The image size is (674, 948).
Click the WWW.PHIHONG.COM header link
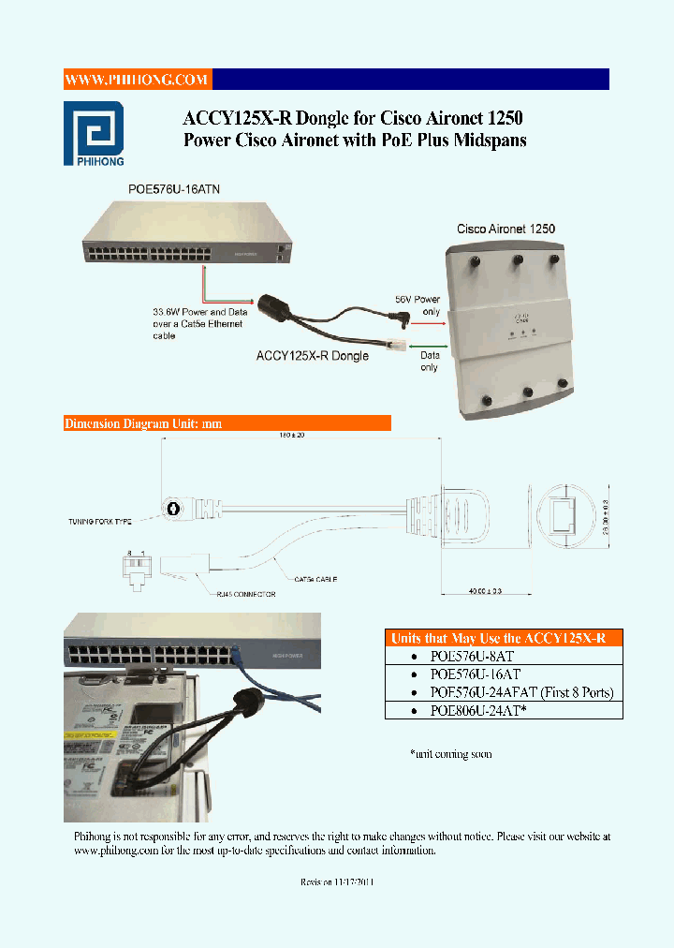click(x=137, y=80)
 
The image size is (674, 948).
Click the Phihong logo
click(x=94, y=132)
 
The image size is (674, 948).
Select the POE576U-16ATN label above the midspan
click(x=174, y=189)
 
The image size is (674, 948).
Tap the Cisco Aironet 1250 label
click(x=505, y=229)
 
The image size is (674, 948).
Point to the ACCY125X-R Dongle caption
click(x=313, y=356)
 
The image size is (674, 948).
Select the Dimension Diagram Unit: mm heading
click(x=143, y=423)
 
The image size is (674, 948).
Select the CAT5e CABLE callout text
click(x=315, y=580)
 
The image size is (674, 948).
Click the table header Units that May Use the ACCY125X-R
click(x=504, y=638)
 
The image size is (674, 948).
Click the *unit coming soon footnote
click(x=451, y=754)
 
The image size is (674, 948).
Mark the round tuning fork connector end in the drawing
click(x=172, y=509)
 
